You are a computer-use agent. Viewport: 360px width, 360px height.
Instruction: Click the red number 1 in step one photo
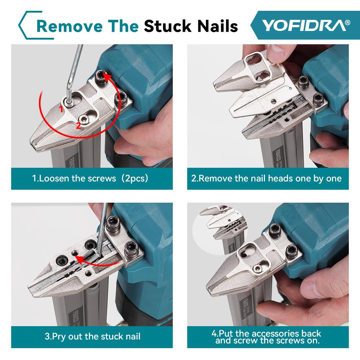tap(62, 108)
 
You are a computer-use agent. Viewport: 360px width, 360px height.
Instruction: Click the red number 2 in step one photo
tap(78, 125)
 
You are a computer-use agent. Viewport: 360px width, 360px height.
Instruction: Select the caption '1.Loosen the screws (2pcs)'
tap(90, 178)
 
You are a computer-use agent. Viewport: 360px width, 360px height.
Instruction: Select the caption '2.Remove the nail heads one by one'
tap(266, 178)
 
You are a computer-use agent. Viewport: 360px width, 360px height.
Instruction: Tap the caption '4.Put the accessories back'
tap(266, 333)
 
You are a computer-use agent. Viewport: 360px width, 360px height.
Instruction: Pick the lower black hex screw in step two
tap(317, 97)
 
